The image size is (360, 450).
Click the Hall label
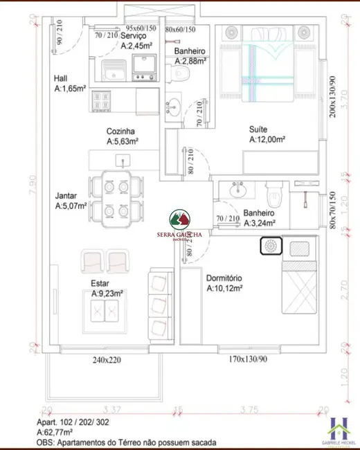tap(62, 78)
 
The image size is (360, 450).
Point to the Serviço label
tap(134, 36)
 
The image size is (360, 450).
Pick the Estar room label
tap(100, 283)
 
